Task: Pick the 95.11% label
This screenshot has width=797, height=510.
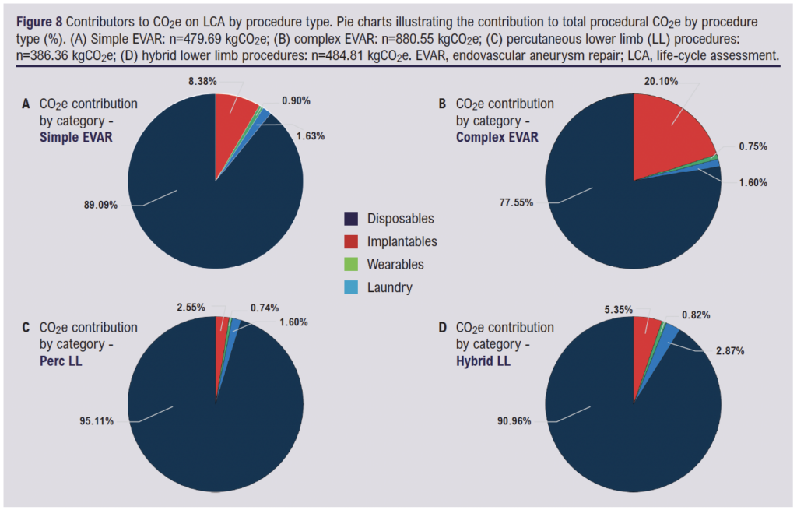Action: point(99,421)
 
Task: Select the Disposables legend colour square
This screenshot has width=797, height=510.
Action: point(351,219)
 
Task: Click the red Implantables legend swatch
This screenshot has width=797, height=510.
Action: point(351,241)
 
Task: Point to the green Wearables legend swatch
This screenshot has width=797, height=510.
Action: point(351,265)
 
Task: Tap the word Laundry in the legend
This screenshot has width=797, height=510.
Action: point(389,287)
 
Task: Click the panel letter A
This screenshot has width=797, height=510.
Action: point(26,104)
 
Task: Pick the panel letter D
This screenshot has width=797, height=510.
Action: point(443,328)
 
